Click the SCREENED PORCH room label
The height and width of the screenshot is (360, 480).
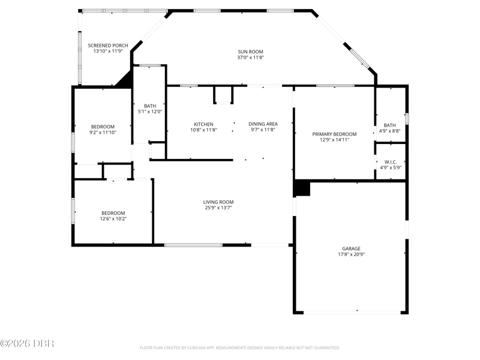[x=108, y=46]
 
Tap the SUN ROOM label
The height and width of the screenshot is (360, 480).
[x=250, y=52]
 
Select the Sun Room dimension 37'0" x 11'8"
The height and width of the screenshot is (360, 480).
[x=250, y=57]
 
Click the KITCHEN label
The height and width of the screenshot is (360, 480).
[x=203, y=124]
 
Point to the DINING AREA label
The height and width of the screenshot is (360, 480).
[x=263, y=124]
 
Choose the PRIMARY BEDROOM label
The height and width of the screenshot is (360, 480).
[x=334, y=134]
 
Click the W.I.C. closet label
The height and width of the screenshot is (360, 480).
[x=391, y=162]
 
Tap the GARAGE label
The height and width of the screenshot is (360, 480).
[x=351, y=248]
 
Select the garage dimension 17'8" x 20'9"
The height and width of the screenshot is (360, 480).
[x=351, y=254]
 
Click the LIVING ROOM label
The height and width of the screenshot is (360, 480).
[x=218, y=202]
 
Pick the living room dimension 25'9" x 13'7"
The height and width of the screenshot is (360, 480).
[x=218, y=208]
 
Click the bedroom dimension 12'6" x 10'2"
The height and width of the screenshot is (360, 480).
[x=113, y=218]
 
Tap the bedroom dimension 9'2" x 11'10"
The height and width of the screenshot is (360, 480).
[x=103, y=132]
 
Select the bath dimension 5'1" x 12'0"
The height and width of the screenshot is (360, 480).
[x=150, y=112]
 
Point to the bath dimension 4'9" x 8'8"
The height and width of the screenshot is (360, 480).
[x=389, y=131]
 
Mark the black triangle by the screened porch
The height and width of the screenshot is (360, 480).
[x=125, y=80]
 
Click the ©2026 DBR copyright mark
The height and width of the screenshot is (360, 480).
[x=27, y=343]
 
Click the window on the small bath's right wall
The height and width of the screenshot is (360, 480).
[x=407, y=119]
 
